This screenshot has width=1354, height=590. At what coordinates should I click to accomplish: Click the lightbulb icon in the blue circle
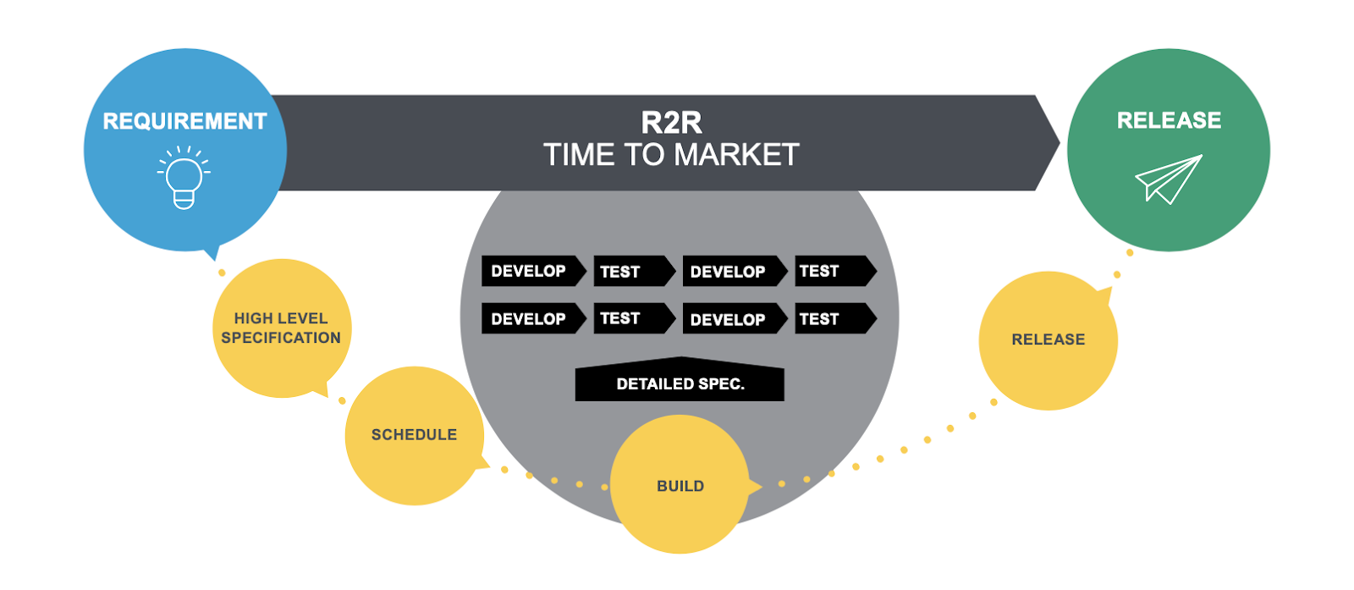pos(184,179)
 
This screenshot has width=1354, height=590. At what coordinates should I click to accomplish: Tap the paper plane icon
pos(1168,179)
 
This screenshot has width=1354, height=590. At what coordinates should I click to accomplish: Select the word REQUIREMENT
pos(184,122)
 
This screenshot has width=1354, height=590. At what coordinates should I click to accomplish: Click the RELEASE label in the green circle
pos(1169,120)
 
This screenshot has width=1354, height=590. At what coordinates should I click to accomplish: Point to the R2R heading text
pos(671,123)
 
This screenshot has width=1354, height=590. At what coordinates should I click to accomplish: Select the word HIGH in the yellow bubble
pos(253,318)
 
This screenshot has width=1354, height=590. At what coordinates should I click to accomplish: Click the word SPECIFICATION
pos(281,338)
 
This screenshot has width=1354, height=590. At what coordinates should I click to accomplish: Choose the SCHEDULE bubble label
pos(414,434)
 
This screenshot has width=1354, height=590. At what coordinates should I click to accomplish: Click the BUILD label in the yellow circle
pos(680,486)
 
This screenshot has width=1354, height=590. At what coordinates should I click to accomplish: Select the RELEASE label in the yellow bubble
pos(1048,339)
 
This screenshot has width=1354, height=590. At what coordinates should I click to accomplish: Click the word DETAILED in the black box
pos(656,384)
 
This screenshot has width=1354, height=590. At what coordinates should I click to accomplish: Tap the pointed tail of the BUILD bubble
pos(759,486)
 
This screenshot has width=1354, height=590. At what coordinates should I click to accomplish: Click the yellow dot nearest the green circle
pos(1130,252)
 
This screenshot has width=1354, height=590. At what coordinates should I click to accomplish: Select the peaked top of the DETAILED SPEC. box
pos(680,359)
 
